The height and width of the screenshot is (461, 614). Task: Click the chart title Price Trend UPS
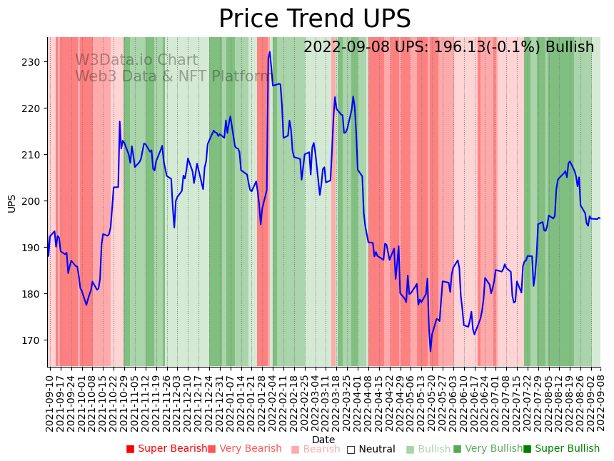[x=314, y=19]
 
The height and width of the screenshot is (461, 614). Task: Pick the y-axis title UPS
[x=11, y=203]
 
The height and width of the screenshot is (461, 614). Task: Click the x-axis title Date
[x=323, y=440]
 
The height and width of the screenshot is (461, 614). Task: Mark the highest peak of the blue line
[x=270, y=52]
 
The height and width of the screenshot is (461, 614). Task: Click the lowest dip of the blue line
[x=431, y=351]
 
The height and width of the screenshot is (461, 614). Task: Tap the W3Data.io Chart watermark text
[x=136, y=60]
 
